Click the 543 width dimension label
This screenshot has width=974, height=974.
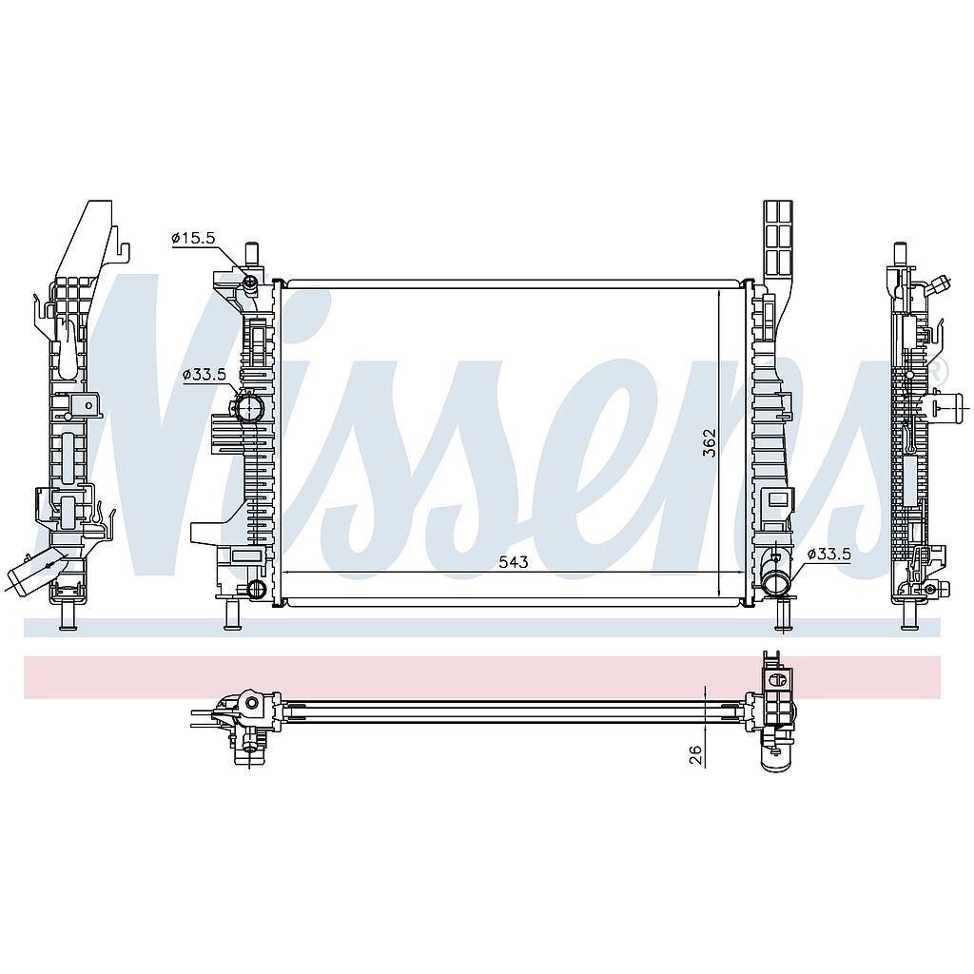[x=513, y=561]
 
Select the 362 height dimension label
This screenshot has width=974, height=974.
[x=710, y=443]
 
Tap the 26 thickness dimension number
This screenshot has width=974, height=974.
[x=695, y=754]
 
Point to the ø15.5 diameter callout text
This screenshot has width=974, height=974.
[x=193, y=237]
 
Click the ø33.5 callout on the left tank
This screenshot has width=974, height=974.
[x=204, y=375]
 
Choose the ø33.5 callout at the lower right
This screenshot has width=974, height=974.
[x=828, y=555]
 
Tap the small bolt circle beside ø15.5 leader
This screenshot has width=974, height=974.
[x=250, y=283]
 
